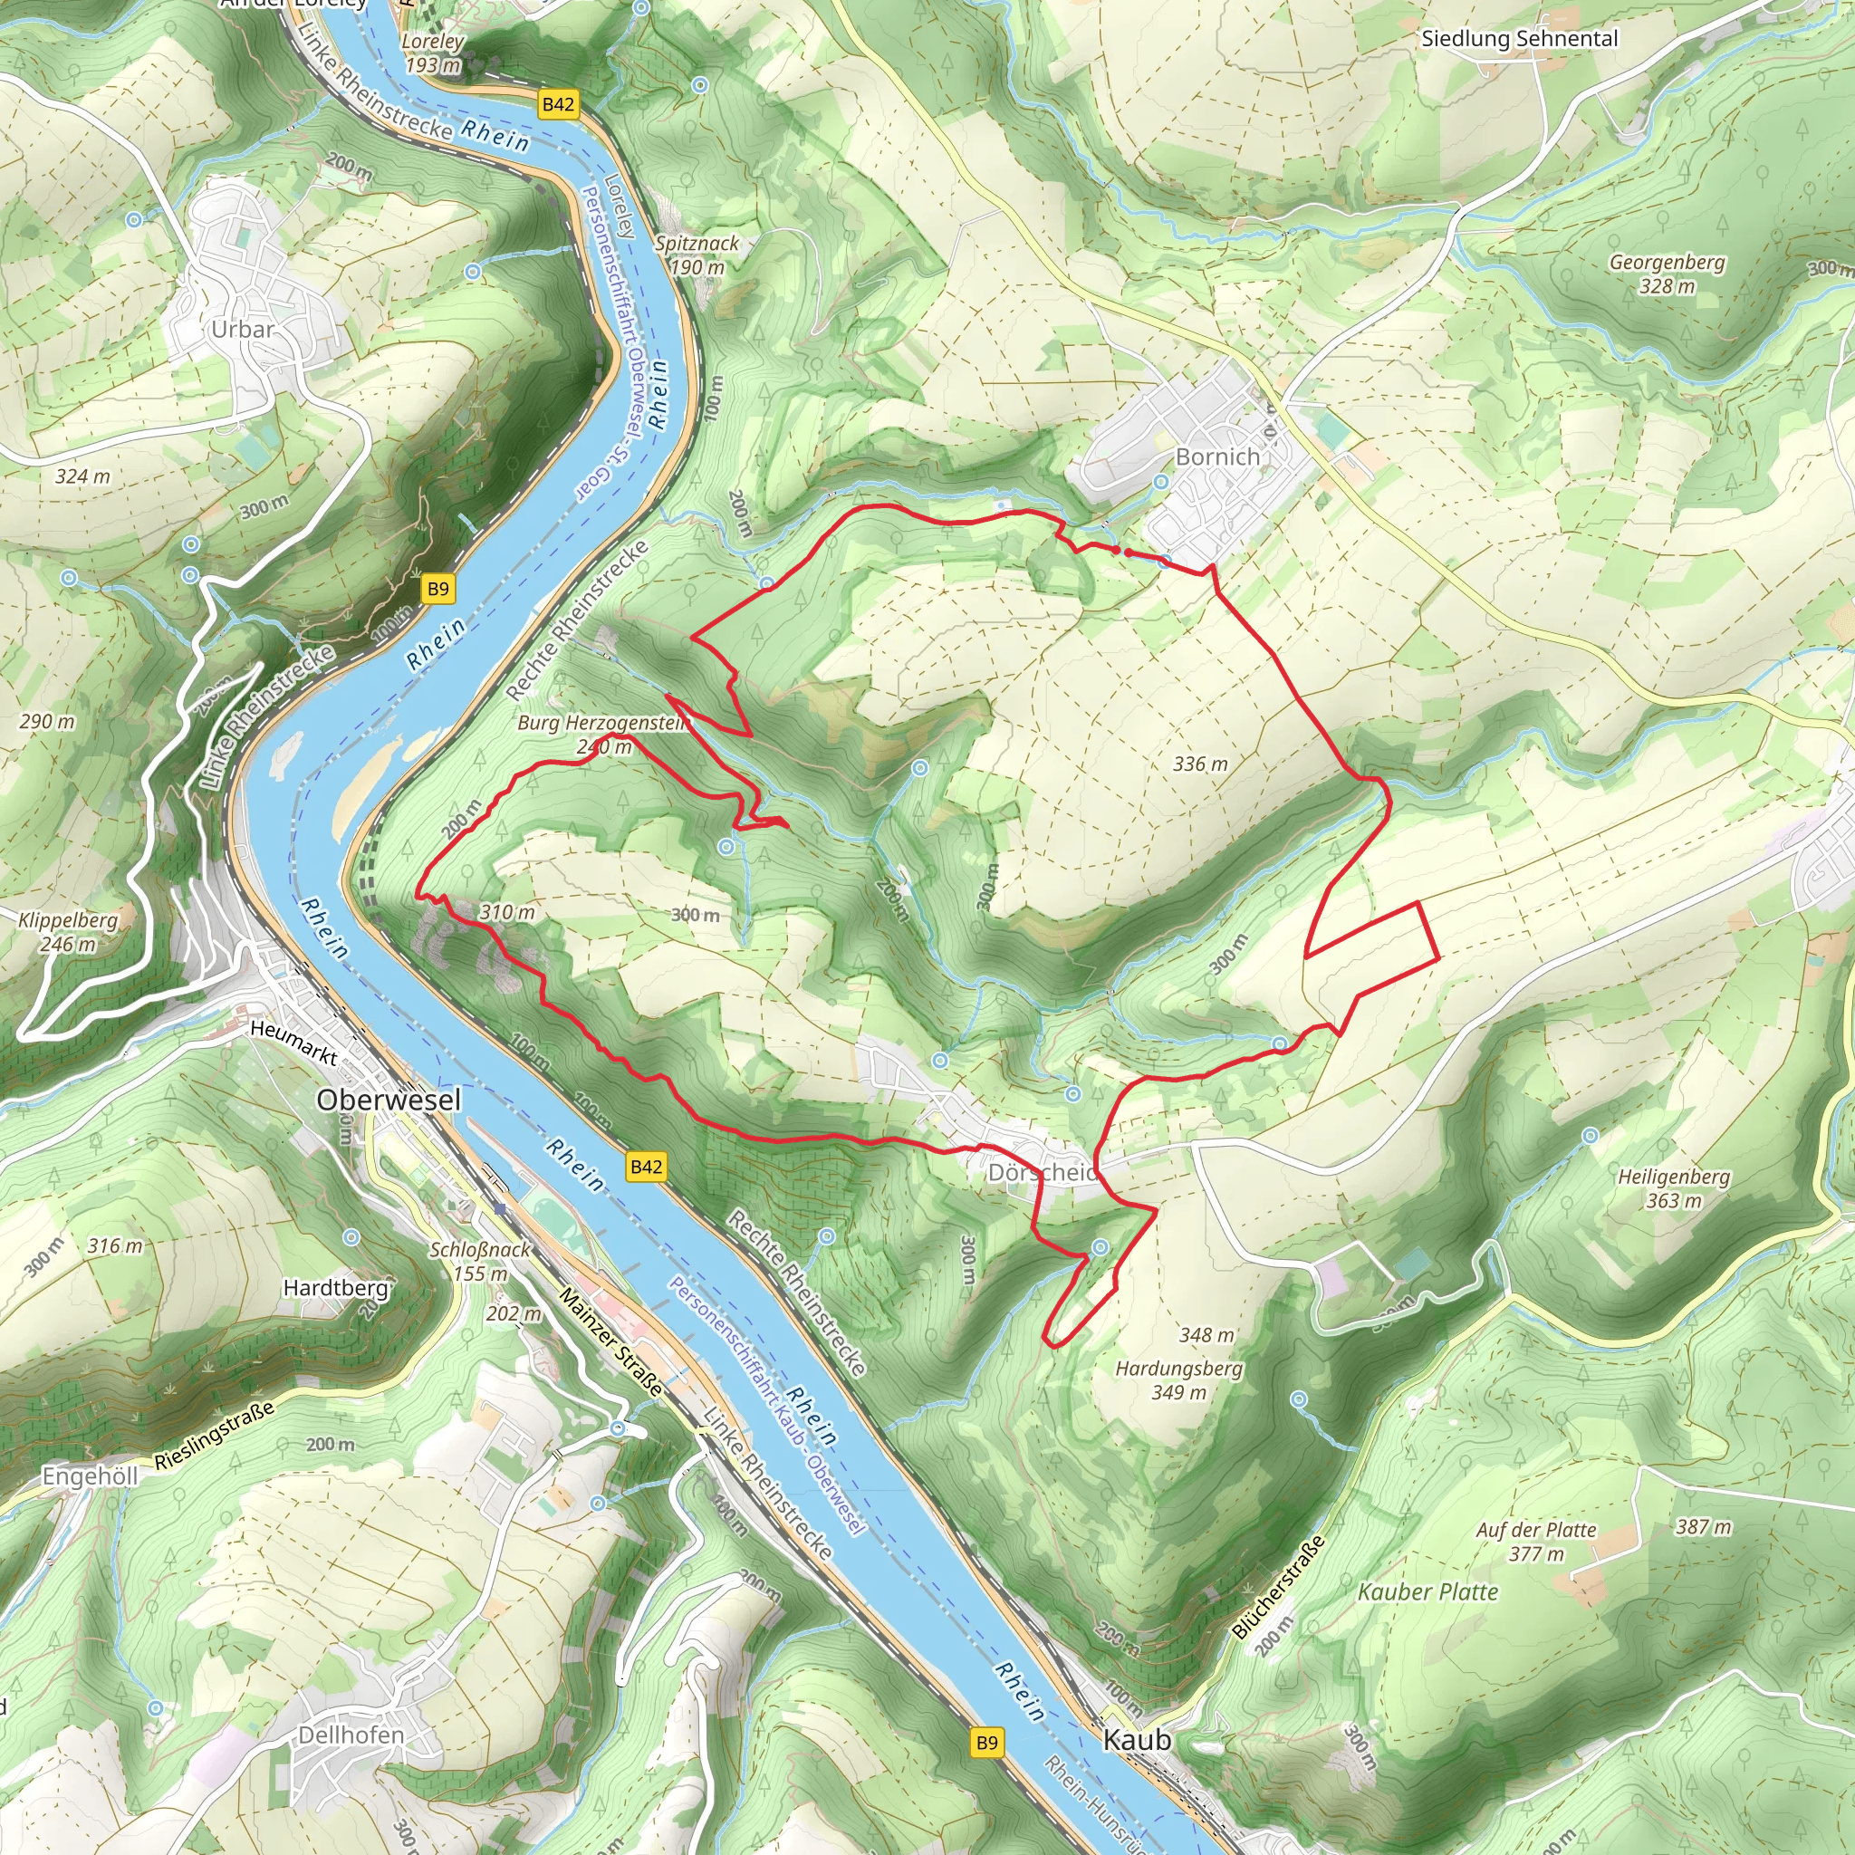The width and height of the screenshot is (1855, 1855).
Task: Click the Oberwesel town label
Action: click(389, 1101)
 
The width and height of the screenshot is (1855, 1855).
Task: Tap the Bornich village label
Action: click(1217, 457)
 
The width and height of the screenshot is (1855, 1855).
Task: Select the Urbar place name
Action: click(243, 330)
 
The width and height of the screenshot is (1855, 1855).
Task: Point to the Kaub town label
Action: click(1137, 1740)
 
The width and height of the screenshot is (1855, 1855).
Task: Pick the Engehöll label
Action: click(91, 1475)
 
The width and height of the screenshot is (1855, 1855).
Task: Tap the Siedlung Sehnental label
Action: click(1519, 39)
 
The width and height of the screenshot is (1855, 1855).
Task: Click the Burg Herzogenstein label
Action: click(603, 723)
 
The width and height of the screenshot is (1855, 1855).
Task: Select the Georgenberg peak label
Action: click(1667, 263)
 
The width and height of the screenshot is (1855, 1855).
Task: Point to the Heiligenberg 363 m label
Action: click(1674, 1188)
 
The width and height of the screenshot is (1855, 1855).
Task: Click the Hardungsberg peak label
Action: click(1179, 1370)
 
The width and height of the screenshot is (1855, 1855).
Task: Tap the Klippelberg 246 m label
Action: click(68, 931)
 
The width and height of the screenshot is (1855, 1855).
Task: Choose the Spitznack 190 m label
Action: click(697, 255)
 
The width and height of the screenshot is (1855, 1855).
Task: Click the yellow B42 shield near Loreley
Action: click(558, 105)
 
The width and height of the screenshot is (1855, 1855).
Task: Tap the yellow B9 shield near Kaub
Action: click(987, 1743)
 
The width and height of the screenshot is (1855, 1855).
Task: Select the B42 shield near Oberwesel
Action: click(645, 1167)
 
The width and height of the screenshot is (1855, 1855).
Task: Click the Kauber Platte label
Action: click(1427, 1592)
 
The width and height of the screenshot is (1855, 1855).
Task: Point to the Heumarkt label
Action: click(293, 1043)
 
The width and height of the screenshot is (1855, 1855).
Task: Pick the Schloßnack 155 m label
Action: click(480, 1261)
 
